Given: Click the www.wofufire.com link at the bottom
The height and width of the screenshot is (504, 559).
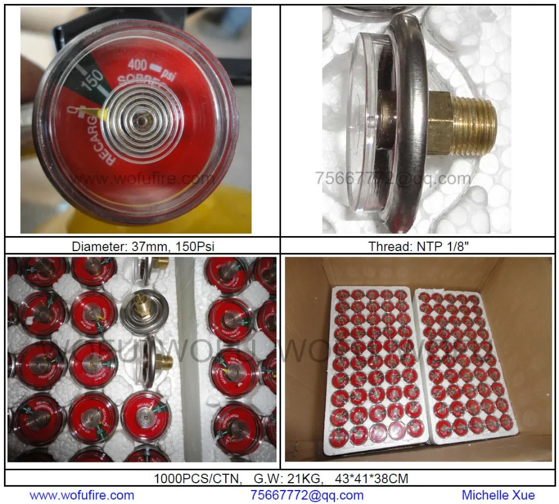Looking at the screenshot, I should click(x=82, y=495).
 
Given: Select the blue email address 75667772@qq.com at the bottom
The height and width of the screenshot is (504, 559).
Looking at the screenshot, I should click(x=306, y=495).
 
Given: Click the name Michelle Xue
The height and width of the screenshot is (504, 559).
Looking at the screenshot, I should click(x=498, y=495).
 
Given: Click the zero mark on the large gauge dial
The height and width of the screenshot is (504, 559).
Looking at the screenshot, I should click(x=71, y=111).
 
